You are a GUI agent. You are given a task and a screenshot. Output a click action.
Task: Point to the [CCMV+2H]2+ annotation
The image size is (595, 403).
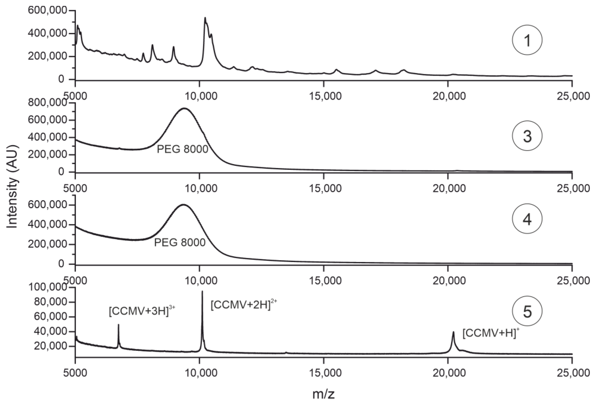(243, 305)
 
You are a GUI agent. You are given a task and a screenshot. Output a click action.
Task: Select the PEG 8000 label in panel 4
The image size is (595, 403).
(180, 242)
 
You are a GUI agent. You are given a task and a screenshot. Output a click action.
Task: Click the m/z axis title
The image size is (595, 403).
(323, 394)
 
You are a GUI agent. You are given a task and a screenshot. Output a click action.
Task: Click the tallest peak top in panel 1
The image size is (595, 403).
(205, 18)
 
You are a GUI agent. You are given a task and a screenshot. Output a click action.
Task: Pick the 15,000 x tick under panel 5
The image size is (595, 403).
(325, 372)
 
